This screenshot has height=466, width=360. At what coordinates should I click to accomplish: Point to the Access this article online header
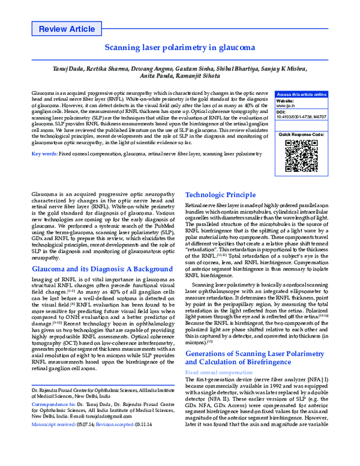coord(301,95)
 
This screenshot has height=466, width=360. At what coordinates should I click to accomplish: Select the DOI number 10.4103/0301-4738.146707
coord(301,117)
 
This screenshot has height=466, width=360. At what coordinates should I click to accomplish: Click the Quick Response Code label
coord(301,135)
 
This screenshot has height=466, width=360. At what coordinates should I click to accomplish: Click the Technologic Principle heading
coord(220,195)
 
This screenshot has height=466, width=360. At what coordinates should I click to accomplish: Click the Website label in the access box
coord(286,100)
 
